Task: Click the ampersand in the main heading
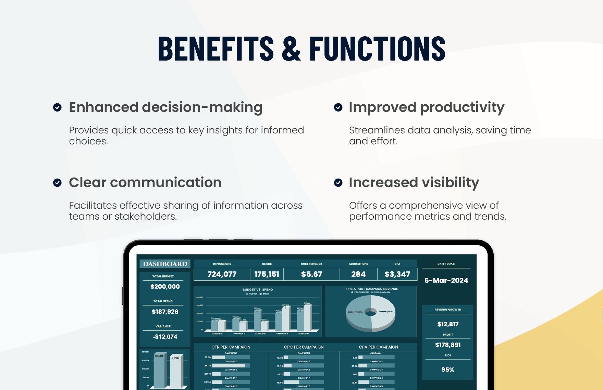pyautogui.click(x=291, y=49)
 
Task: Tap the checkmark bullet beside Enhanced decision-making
pyautogui.click(x=58, y=107)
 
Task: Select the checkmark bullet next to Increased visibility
pyautogui.click(x=338, y=183)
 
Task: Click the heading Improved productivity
pyautogui.click(x=426, y=107)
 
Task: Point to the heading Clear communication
pyautogui.click(x=145, y=183)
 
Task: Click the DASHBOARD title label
pyautogui.click(x=165, y=264)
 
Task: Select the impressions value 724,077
pyautogui.click(x=222, y=274)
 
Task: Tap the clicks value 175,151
pyautogui.click(x=267, y=274)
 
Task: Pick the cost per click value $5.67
pyautogui.click(x=311, y=274)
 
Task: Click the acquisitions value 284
pyautogui.click(x=358, y=274)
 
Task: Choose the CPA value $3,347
pyautogui.click(x=397, y=274)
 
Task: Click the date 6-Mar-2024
pyautogui.click(x=446, y=281)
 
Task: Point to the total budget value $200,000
pyautogui.click(x=165, y=287)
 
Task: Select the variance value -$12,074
pyautogui.click(x=165, y=337)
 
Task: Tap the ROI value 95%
pyautogui.click(x=448, y=370)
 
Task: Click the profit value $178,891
pyautogui.click(x=448, y=345)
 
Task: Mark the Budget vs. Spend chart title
pyautogui.click(x=258, y=289)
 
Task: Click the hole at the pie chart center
pyautogui.click(x=370, y=312)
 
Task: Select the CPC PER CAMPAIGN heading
pyautogui.click(x=304, y=347)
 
